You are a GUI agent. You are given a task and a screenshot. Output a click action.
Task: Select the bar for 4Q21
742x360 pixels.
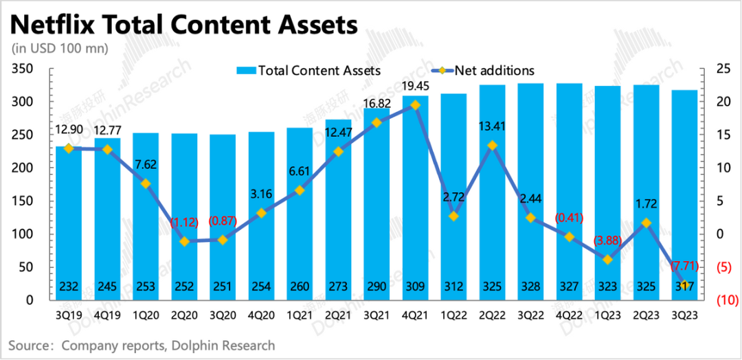tap(415, 199)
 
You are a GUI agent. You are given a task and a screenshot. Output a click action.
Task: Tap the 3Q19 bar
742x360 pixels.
tap(69, 227)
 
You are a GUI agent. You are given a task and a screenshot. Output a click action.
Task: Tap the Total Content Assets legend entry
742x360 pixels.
tap(308, 70)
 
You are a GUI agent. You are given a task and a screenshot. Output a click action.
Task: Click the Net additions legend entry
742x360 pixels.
tap(482, 70)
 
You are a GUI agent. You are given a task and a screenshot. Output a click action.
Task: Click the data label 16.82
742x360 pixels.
tap(376, 104)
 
